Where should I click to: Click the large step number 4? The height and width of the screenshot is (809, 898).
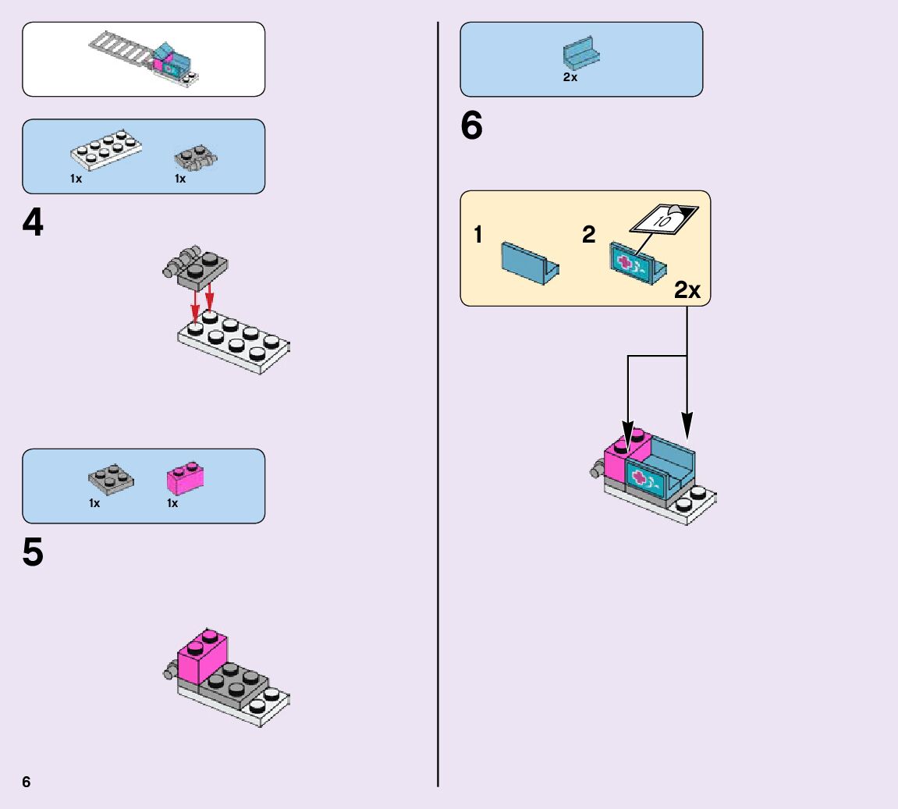coord(33,225)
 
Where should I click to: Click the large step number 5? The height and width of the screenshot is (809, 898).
coord(33,553)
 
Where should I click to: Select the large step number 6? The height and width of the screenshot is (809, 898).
coord(471,126)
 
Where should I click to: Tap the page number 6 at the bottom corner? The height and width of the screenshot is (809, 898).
coord(27,782)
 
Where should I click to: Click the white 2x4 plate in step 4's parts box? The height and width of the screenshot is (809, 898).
coord(106,149)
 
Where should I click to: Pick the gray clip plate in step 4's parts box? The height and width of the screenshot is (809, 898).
coord(193,158)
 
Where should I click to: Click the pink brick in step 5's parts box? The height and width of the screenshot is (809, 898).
coord(185,477)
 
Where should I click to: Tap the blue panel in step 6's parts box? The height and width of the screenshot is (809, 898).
coord(580,53)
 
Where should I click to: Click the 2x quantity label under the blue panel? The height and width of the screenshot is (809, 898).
coord(570,77)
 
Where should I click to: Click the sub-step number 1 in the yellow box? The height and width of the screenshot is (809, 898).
coord(478,235)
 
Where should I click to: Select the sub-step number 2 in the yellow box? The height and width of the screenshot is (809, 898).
coord(589,234)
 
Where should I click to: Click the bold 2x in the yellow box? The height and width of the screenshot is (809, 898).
coord(687,290)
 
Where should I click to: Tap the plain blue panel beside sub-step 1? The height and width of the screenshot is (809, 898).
coord(529,263)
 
